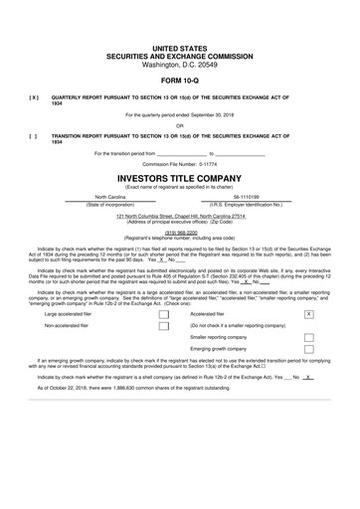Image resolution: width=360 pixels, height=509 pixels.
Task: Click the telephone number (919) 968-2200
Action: click(179, 232)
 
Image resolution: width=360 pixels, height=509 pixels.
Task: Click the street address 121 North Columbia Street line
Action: click(179, 215)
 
